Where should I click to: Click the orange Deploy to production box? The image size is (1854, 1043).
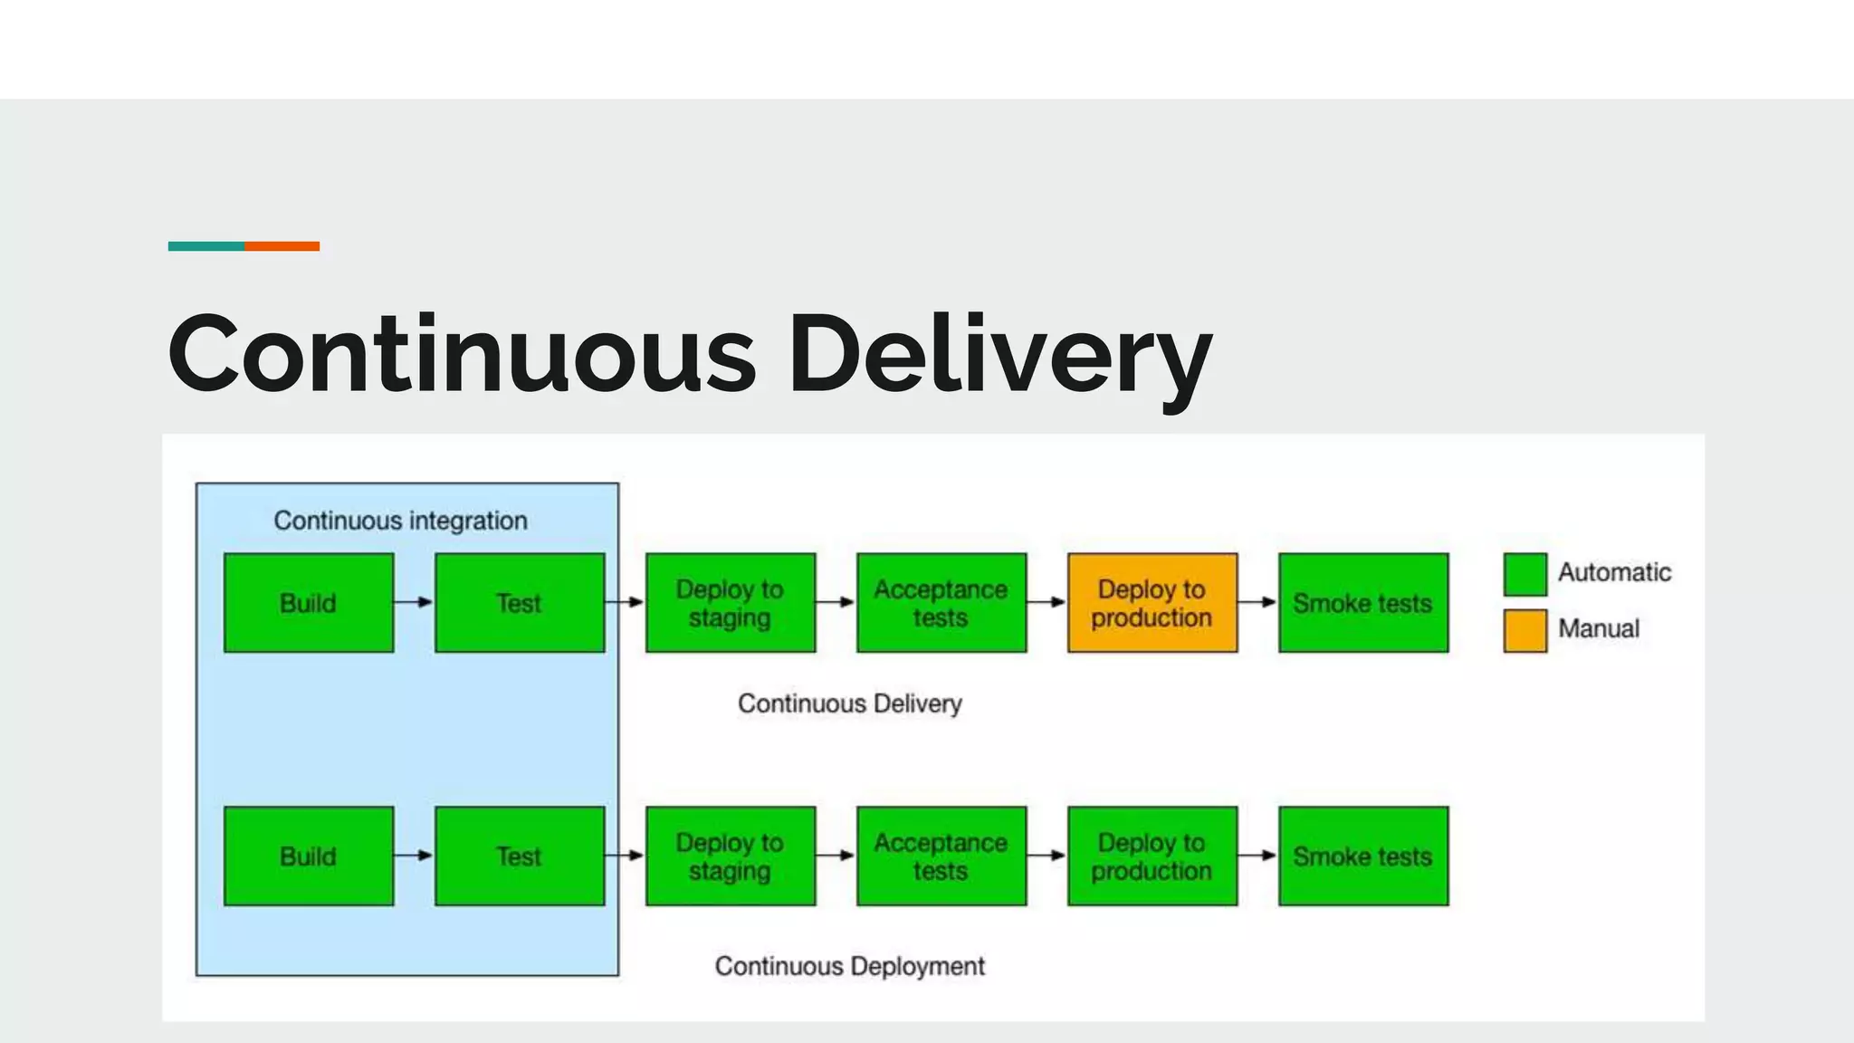[1152, 603]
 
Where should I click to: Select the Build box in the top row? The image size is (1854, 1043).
[309, 603]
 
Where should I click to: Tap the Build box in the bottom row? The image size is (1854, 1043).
[309, 856]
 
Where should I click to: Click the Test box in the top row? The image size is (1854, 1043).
[520, 603]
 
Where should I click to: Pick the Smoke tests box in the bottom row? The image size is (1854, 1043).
[1363, 856]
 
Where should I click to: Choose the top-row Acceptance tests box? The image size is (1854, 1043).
[941, 603]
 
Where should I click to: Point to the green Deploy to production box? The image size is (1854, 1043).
[1152, 856]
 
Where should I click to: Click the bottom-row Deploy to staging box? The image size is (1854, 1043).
[731, 856]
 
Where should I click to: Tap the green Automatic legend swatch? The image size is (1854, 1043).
[1524, 575]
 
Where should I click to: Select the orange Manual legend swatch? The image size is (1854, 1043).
[1524, 631]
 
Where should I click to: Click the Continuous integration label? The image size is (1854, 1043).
[400, 521]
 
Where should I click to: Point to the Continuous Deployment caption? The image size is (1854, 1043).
[849, 966]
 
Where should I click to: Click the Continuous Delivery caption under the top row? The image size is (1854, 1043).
[849, 703]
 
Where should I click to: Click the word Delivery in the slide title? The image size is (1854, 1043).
[999, 355]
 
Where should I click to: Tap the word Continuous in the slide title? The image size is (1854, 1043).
[462, 355]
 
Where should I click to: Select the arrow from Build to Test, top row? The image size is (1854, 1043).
[414, 602]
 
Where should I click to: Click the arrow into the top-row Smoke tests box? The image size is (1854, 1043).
[1257, 602]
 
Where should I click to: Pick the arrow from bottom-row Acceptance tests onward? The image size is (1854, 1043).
[1046, 856]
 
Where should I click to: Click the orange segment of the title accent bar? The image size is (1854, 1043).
[282, 246]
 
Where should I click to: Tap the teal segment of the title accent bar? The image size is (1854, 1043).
[205, 246]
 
